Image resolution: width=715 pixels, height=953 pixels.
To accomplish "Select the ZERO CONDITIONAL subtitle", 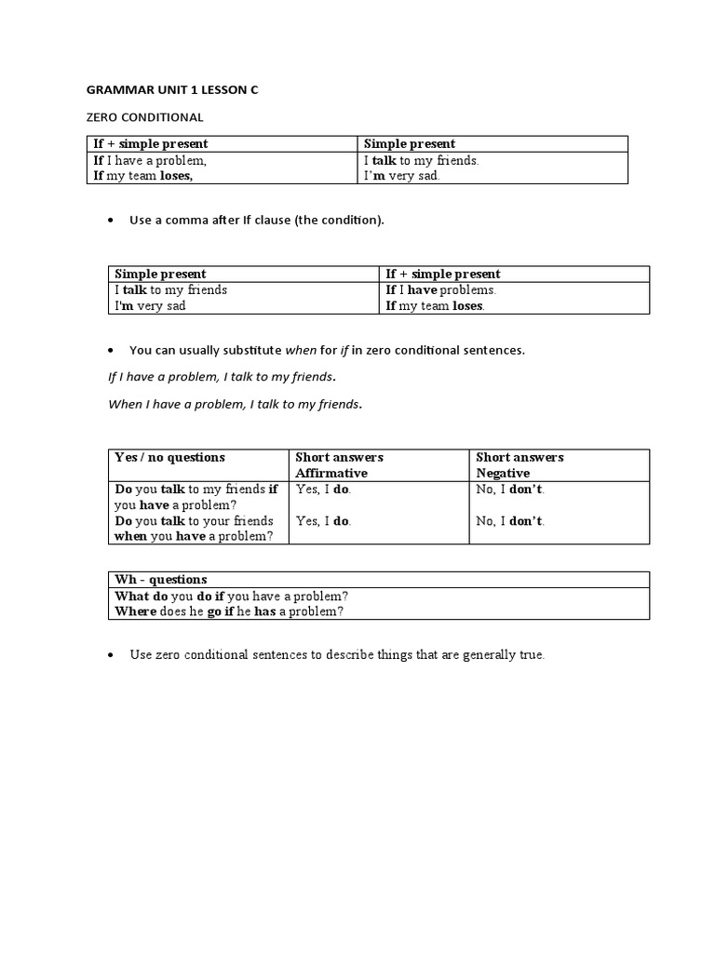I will pos(144,117).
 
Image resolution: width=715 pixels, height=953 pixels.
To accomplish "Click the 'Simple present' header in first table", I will pos(409,143).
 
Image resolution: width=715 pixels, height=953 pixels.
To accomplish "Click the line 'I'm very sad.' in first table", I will pos(401,175).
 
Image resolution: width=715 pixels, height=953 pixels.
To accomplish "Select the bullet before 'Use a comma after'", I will pos(111,221).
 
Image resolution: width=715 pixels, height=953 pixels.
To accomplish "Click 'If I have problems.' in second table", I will pos(440,289).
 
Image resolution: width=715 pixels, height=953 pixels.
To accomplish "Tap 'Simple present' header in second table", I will pos(160,274).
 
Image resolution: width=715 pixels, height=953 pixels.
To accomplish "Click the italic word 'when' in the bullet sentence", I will pos(301,351).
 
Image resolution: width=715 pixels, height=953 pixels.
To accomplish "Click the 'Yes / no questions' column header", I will pos(169,457).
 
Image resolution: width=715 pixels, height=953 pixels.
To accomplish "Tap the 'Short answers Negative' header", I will pos(519,464).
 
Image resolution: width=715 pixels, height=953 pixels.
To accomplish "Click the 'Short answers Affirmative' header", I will pos(339,464).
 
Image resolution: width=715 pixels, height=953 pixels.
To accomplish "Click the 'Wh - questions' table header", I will pos(160,579).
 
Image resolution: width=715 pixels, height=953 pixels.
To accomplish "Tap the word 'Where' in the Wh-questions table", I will pos(134,611).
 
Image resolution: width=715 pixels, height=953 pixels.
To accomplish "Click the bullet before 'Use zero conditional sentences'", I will pos(111,655).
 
